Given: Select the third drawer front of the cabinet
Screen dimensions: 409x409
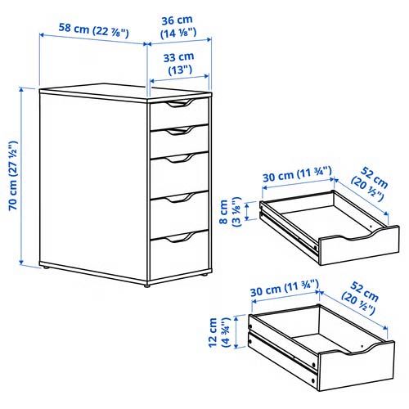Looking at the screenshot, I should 179,172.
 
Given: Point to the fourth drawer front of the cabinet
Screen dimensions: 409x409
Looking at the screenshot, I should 179,211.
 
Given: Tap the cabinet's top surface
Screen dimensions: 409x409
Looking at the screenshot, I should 123,92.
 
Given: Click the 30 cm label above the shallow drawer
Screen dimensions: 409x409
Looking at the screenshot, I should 295,174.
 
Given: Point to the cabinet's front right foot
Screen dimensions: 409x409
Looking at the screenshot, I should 148,283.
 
